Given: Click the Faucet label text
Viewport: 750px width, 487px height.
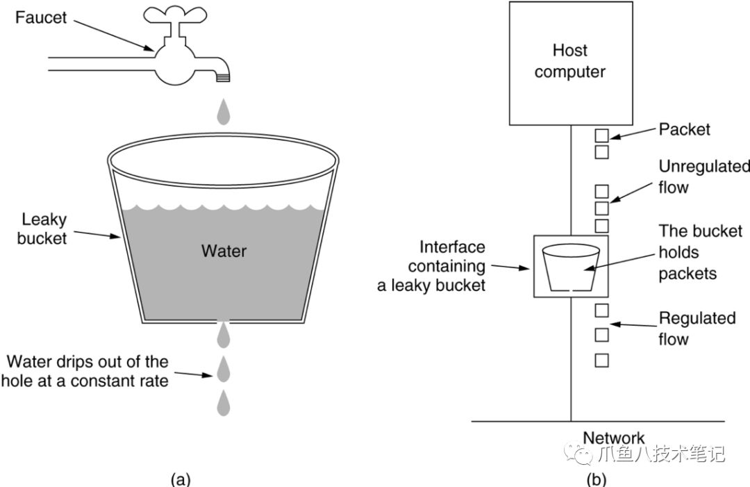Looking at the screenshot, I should [x=41, y=18].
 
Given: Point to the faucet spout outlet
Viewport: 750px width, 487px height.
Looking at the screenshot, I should [x=223, y=76].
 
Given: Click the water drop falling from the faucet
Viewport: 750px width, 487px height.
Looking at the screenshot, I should [x=223, y=110].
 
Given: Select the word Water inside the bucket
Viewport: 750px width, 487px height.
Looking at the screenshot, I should [x=224, y=250].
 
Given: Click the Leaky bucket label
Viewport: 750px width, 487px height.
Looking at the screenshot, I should [x=44, y=229].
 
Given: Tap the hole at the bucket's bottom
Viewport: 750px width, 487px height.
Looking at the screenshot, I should [x=223, y=322].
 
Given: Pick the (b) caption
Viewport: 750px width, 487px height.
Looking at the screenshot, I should [x=596, y=478].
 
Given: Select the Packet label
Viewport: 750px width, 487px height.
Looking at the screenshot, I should [x=684, y=130].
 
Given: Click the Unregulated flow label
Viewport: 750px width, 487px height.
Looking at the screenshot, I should [x=703, y=176].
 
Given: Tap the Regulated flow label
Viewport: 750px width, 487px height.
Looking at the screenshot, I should [x=697, y=329].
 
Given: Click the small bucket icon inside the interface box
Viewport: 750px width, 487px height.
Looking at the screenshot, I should [x=569, y=267].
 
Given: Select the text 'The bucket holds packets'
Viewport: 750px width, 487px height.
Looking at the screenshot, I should [x=700, y=252].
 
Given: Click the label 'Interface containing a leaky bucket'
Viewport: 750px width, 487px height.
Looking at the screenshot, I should [x=433, y=266].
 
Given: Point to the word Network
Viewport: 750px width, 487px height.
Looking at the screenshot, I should [x=613, y=438].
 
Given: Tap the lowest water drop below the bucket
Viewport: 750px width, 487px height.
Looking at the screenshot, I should [x=224, y=404].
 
